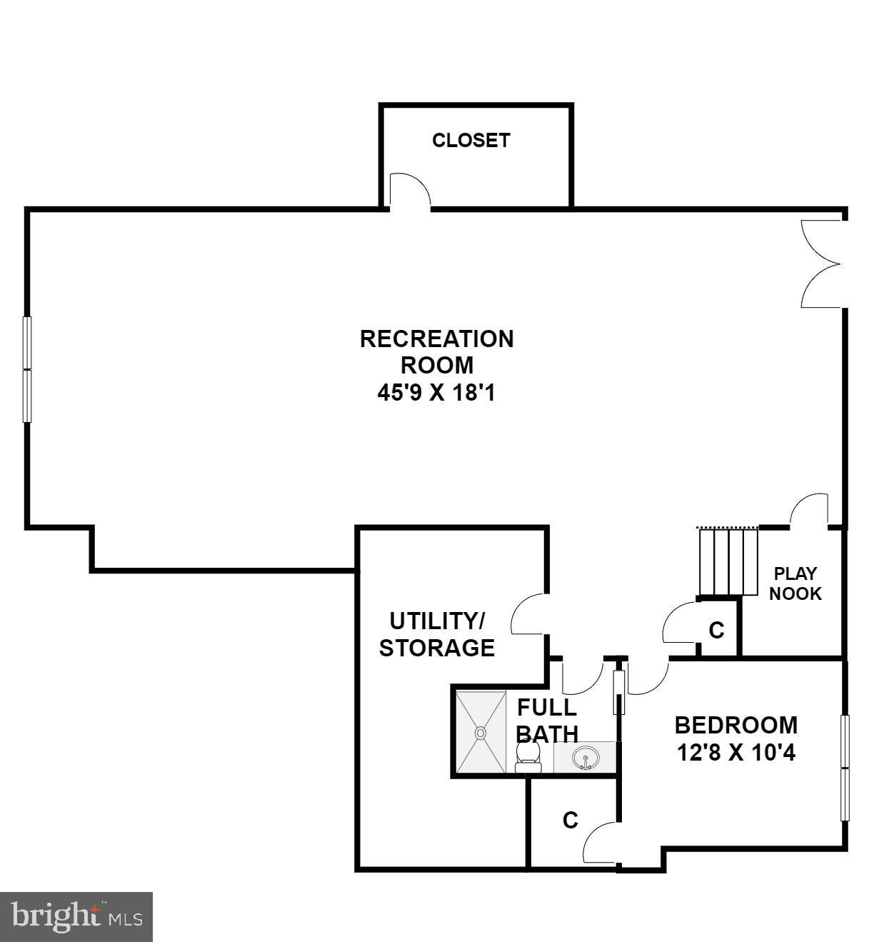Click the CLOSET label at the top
(x=471, y=140)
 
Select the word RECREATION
(x=436, y=339)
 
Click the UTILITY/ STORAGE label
(x=436, y=633)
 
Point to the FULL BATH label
(x=547, y=720)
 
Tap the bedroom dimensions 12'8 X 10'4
(x=735, y=752)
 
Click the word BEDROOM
(x=735, y=725)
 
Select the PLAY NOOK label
(x=795, y=583)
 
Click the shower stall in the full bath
(x=481, y=731)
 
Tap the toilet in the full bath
(x=528, y=756)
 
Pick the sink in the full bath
(x=586, y=757)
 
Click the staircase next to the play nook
(x=728, y=561)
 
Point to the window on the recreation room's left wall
(x=27, y=369)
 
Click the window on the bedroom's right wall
(x=845, y=768)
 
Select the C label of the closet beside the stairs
(x=716, y=631)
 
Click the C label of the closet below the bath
(x=570, y=821)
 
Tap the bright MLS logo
(x=76, y=916)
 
